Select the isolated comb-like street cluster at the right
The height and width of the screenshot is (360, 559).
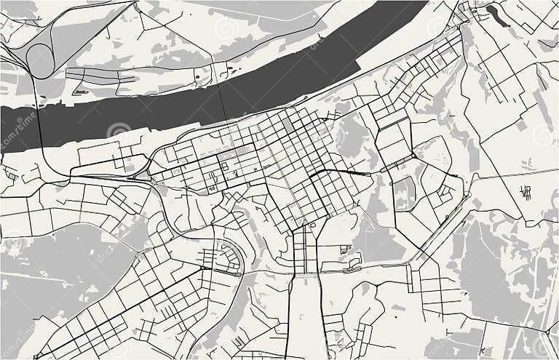coord(525,192)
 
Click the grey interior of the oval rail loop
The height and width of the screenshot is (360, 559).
coord(39,60)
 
